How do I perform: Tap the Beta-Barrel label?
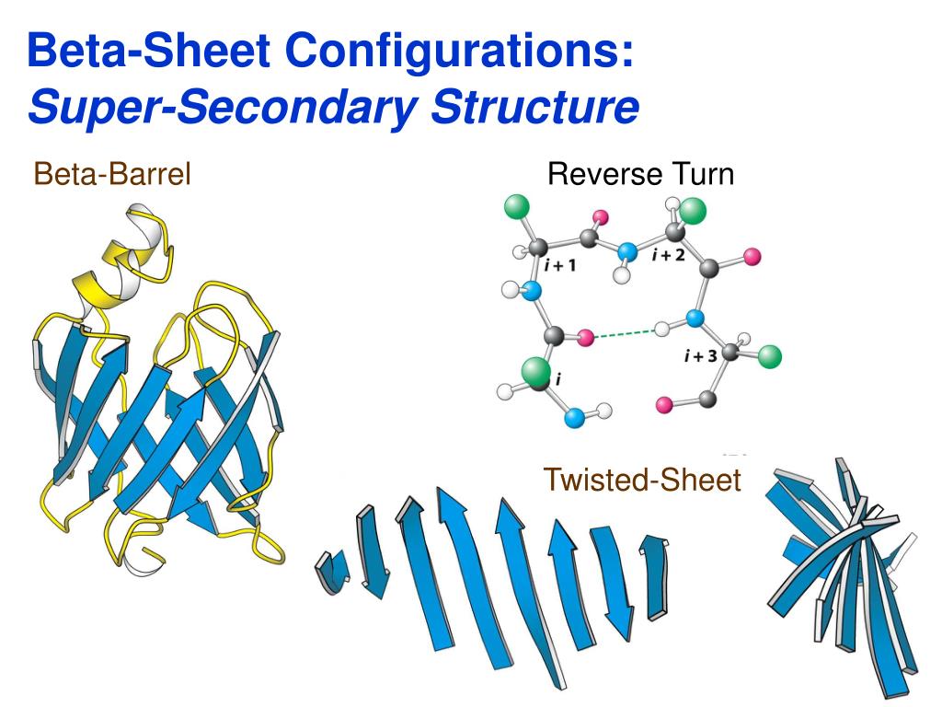tap(112, 173)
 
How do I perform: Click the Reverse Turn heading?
tap(640, 173)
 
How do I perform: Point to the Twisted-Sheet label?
tap(642, 479)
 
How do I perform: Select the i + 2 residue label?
tap(668, 255)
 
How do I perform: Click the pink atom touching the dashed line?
tap(586, 340)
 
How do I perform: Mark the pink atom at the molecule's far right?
tap(752, 257)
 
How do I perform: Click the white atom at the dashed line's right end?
tap(660, 328)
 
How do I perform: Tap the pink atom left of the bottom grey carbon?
tap(663, 404)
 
